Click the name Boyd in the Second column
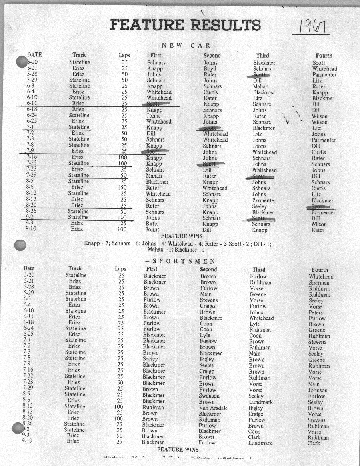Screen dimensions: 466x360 click(x=210, y=69)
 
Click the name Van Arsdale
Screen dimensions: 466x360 click(x=213, y=408)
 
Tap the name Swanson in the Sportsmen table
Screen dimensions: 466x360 click(x=210, y=396)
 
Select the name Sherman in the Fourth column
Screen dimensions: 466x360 click(x=319, y=282)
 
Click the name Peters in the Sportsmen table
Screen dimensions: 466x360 click(x=316, y=312)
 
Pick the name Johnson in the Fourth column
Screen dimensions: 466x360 click(x=318, y=390)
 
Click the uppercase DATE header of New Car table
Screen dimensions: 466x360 click(x=34, y=54)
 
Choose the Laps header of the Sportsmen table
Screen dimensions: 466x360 click(x=120, y=269)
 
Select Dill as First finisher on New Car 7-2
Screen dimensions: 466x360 click(x=151, y=133)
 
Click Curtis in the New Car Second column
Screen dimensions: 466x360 click(x=210, y=92)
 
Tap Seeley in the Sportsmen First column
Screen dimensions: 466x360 click(x=150, y=359)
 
